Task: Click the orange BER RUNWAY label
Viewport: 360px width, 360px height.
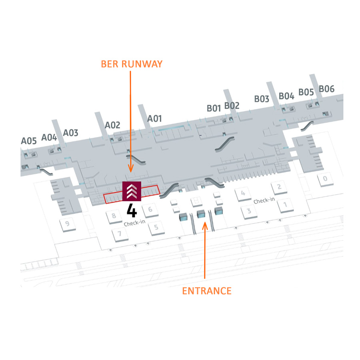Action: pos(132,64)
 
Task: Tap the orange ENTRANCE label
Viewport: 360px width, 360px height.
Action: pos(207,291)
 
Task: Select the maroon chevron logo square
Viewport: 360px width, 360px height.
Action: pos(132,191)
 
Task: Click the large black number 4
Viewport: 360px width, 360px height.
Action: pos(132,210)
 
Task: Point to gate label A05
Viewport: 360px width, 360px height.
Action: pos(29,141)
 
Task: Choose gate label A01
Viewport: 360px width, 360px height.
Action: pos(154,119)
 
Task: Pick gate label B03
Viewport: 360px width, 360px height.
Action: pos(262,99)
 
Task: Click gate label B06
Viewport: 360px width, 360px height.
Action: pos(326,89)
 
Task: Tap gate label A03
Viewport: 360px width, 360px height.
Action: pos(70,133)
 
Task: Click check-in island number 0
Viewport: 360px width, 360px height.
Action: pos(325,179)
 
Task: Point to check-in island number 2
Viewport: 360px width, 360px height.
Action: pos(279,187)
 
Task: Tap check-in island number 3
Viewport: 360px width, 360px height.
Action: pos(249,212)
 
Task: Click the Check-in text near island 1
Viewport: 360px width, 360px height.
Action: pos(264,200)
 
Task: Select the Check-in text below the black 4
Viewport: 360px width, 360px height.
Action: pos(134,223)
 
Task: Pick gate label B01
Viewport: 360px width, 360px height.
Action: pos(214,108)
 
